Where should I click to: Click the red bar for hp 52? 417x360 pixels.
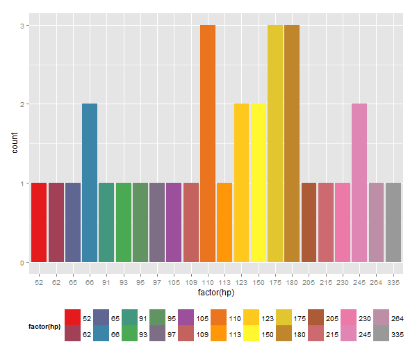(39, 222)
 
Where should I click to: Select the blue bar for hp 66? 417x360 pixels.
(90, 183)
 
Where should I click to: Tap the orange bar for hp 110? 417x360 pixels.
(208, 143)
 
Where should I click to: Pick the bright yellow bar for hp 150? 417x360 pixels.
(259, 183)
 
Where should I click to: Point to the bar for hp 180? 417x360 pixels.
(292, 143)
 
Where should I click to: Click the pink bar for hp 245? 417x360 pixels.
(359, 183)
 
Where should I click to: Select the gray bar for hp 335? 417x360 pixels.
(393, 222)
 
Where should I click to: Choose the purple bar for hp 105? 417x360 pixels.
(174, 222)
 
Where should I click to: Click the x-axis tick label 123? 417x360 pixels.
(241, 282)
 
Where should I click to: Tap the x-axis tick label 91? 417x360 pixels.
(106, 282)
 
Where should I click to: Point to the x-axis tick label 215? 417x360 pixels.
(326, 282)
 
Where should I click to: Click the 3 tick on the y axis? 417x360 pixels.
(22, 26)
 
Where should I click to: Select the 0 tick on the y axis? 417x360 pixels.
(22, 263)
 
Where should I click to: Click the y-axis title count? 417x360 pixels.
(15, 142)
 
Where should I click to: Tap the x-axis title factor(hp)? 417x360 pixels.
(216, 293)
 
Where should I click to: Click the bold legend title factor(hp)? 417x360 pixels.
(44, 327)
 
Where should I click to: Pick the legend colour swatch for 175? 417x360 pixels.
(284, 317)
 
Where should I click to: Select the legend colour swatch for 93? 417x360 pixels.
(129, 333)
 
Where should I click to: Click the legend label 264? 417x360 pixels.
(398, 318)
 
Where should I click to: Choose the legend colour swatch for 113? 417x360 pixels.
(219, 333)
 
